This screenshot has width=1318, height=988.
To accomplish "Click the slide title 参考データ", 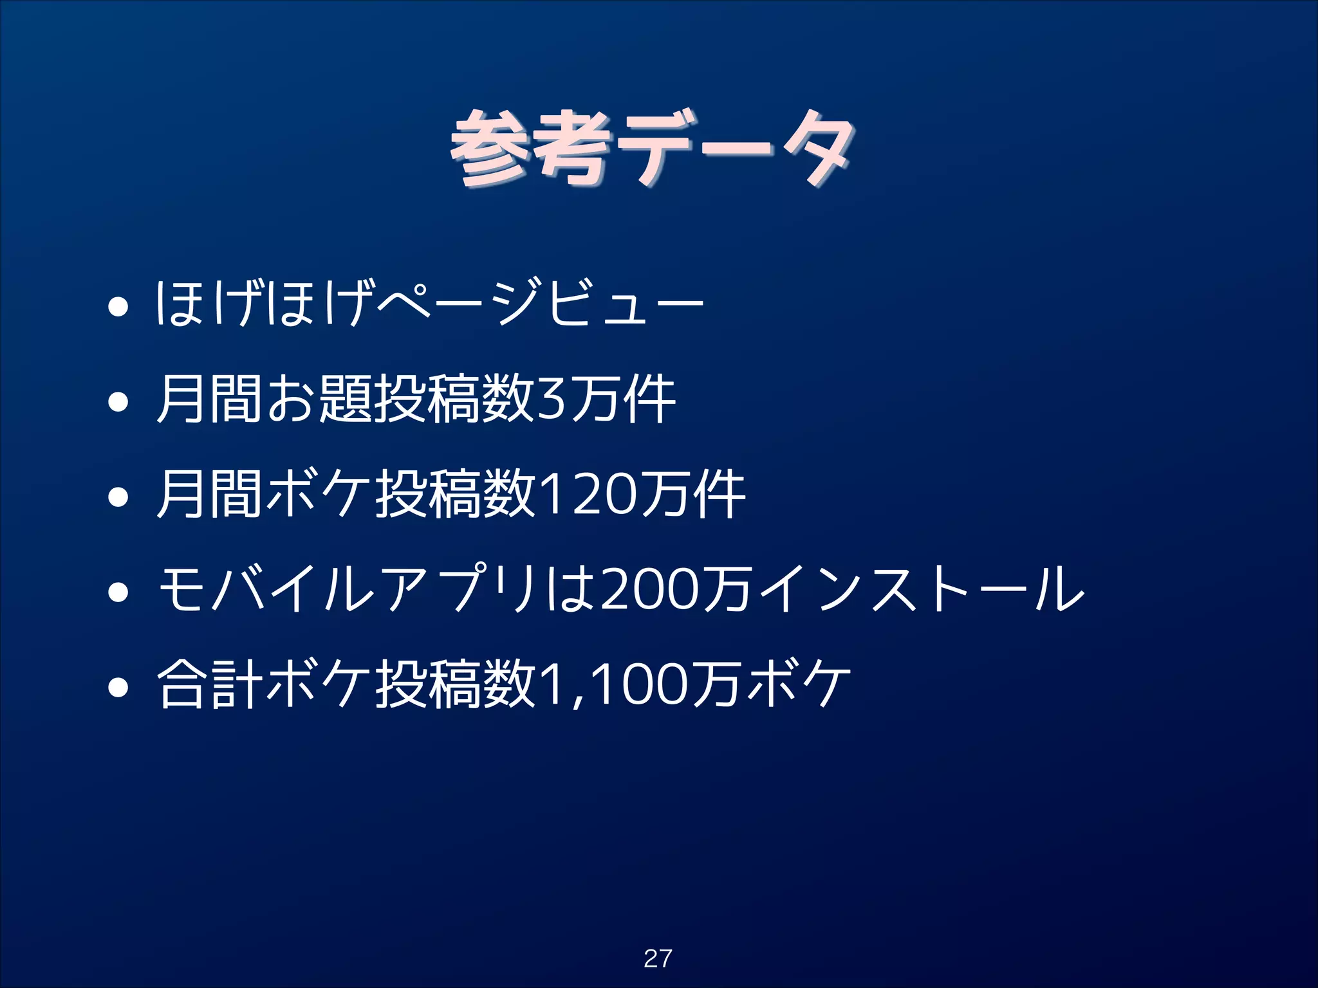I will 653,149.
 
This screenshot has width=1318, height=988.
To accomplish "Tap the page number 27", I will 658,958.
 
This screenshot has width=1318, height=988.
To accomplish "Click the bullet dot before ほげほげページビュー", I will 118,307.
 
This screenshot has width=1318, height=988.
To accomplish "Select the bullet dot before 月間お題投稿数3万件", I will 118,403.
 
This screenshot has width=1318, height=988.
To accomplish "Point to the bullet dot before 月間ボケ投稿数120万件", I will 118,497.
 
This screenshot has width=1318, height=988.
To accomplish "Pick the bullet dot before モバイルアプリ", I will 118,592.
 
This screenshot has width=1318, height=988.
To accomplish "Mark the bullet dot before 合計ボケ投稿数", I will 118,687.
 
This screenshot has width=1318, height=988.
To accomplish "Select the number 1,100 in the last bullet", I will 615,686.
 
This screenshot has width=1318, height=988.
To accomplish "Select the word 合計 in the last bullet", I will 210,686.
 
